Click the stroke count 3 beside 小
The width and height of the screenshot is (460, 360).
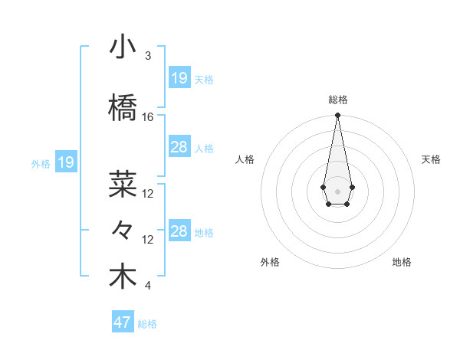(x=148, y=56)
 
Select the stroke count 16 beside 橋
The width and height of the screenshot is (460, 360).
(x=148, y=117)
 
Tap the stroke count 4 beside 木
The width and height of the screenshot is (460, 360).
(x=148, y=286)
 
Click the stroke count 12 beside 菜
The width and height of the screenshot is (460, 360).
(x=148, y=194)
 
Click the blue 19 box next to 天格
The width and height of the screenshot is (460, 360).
(x=179, y=78)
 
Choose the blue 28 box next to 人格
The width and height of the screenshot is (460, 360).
(x=179, y=147)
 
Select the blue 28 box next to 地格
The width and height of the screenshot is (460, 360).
(x=179, y=231)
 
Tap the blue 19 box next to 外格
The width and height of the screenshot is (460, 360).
(x=66, y=162)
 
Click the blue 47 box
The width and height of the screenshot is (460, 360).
(x=122, y=322)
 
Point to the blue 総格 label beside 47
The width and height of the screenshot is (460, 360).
(x=148, y=324)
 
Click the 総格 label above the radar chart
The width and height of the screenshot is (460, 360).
(x=338, y=100)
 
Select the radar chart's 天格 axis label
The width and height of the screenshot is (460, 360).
(x=432, y=159)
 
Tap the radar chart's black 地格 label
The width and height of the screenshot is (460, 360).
(x=402, y=262)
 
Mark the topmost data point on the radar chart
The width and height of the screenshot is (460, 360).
(x=337, y=116)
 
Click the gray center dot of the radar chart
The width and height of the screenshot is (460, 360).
(x=337, y=191)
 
